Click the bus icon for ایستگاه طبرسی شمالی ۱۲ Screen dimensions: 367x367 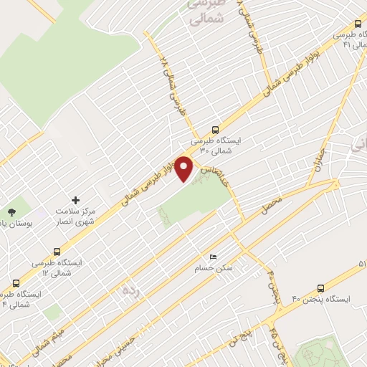(x=57, y=252)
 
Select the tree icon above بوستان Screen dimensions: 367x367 (x=12, y=211)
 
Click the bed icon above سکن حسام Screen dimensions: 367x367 (x=211, y=256)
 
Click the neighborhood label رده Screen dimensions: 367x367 (x=130, y=290)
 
